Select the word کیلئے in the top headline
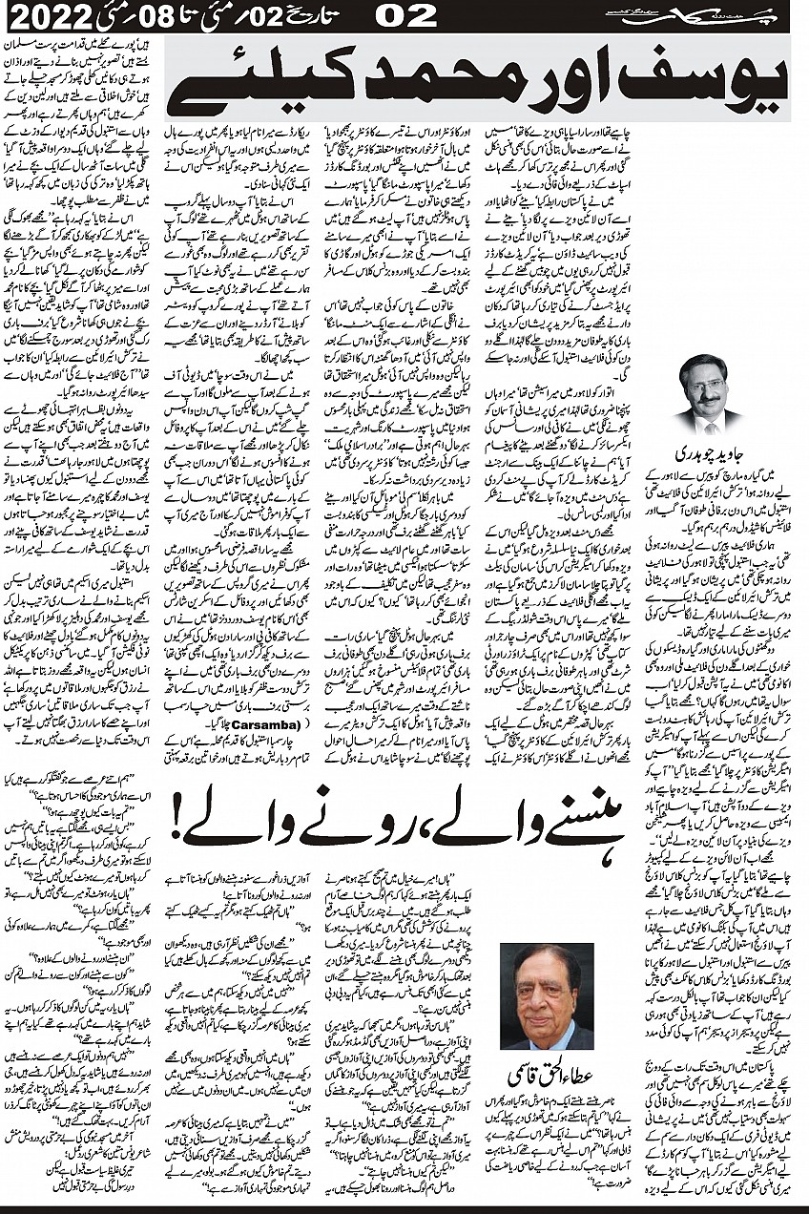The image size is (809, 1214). coord(239,88)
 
